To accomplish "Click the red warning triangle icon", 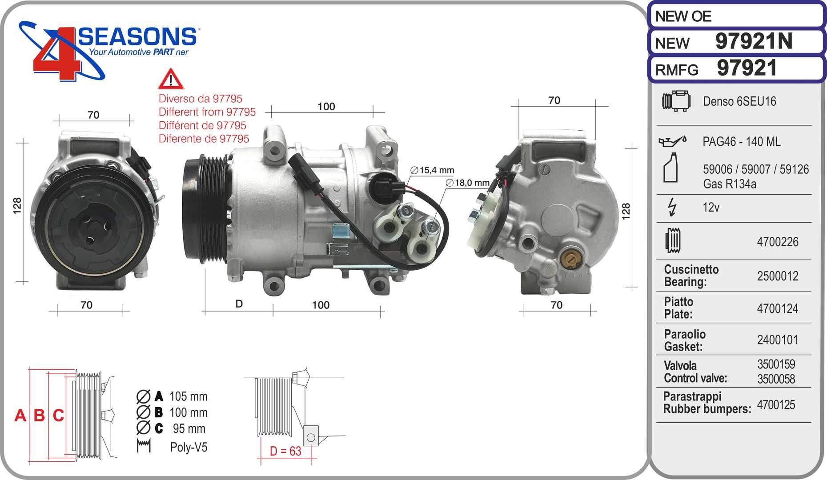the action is (170, 79).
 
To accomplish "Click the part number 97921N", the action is (754, 41).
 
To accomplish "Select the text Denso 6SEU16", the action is (739, 101).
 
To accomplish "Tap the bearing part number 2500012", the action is (778, 276).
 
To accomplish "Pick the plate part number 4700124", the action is (778, 308).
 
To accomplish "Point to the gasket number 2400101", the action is (778, 340).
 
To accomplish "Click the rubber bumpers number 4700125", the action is (776, 404).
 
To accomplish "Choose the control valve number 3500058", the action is (776, 379).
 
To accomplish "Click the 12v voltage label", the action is (711, 208).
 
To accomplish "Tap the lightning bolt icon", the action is (672, 207).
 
